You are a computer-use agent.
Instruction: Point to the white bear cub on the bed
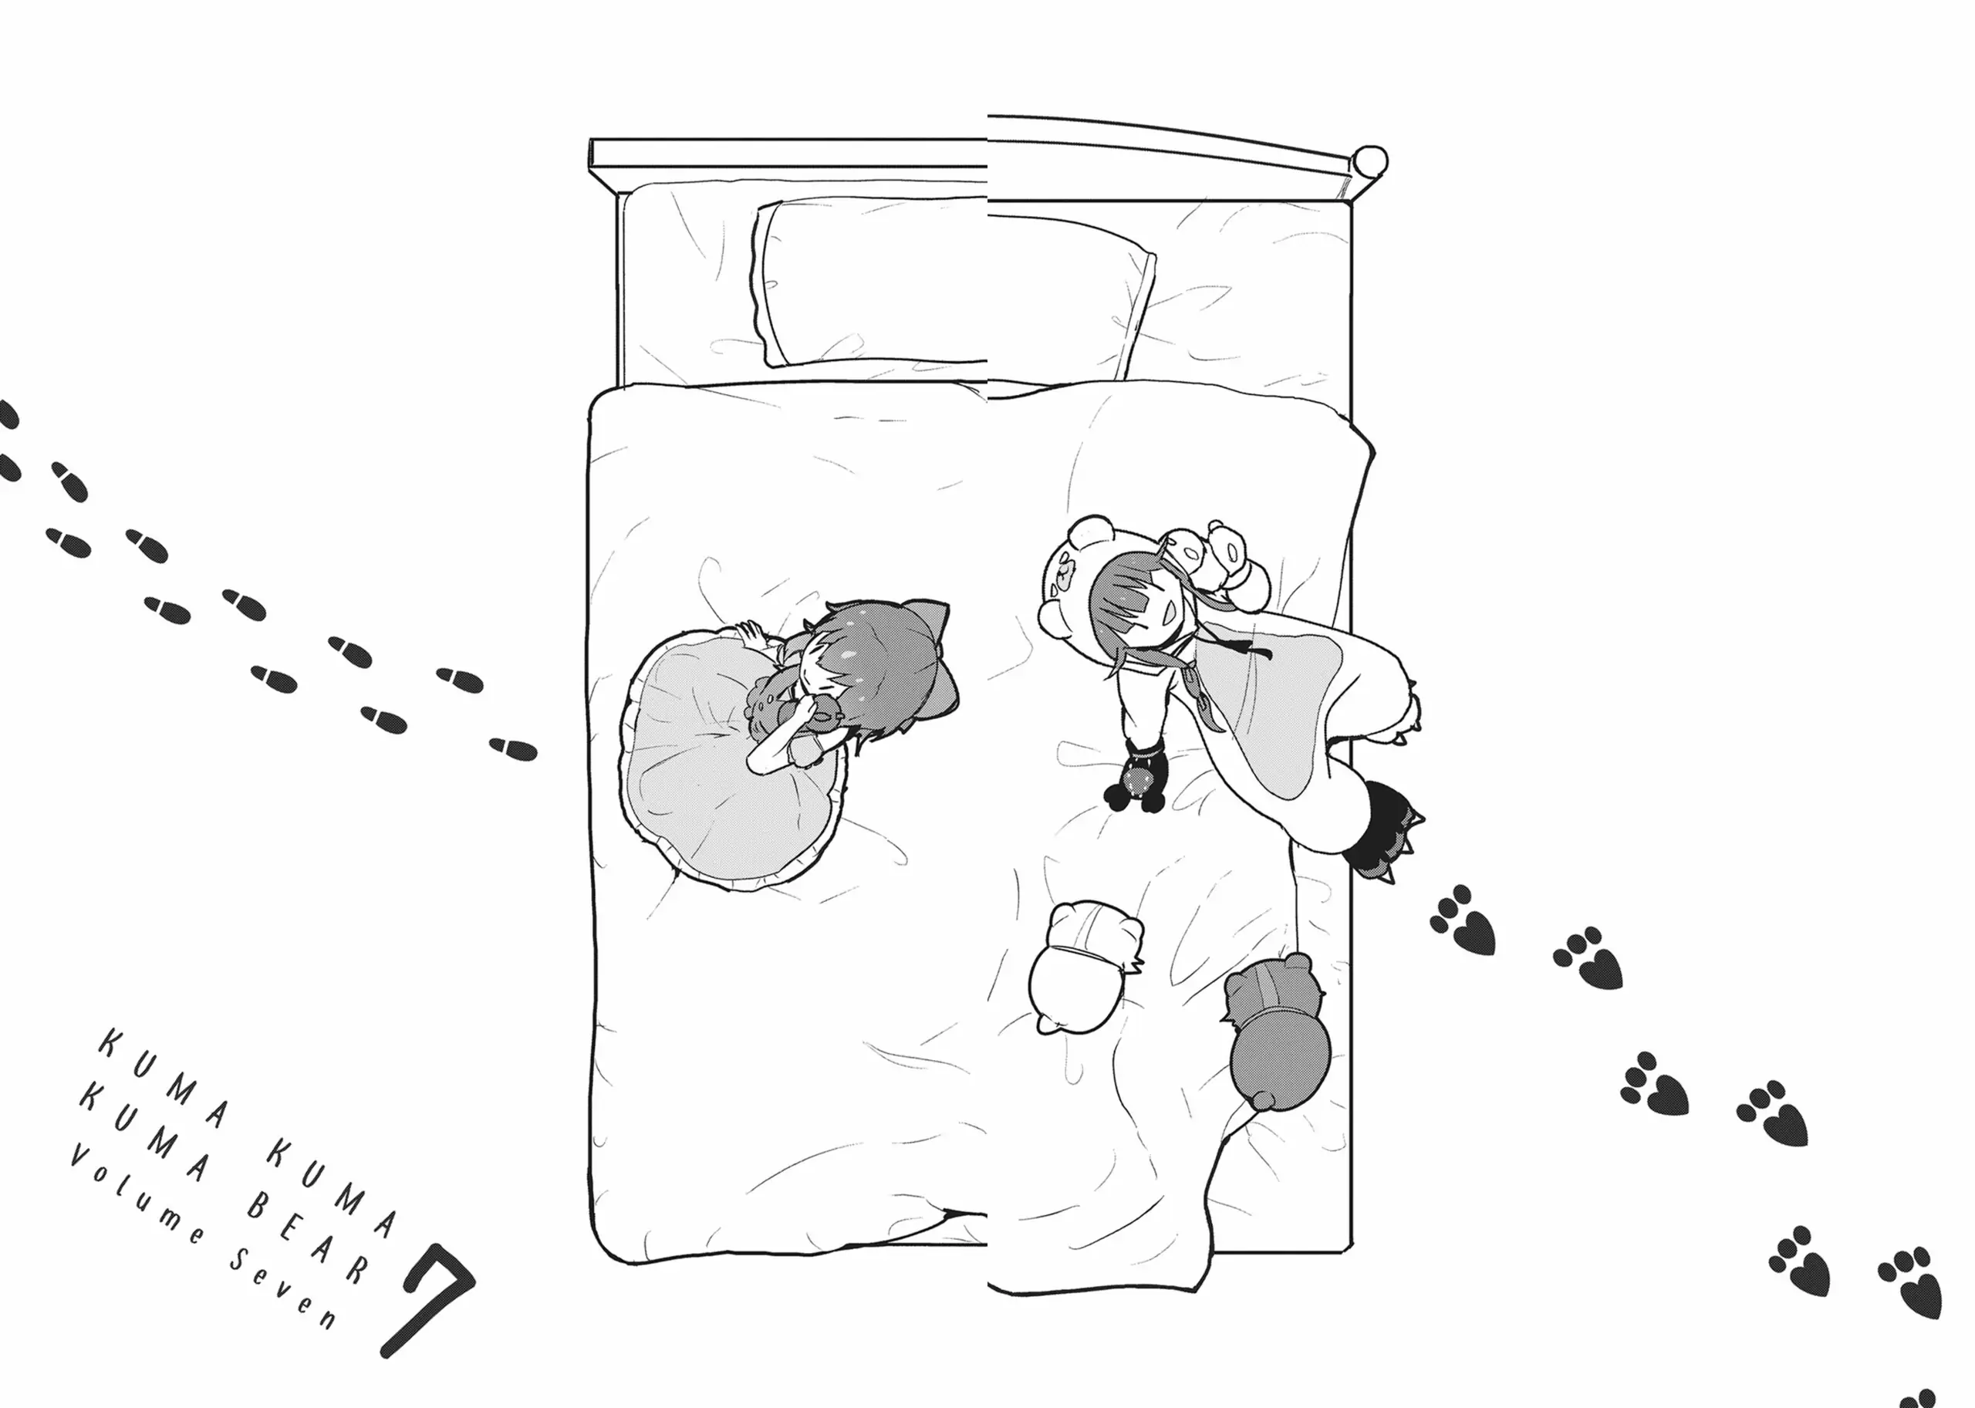1085,967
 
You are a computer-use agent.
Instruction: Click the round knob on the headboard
1370,161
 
